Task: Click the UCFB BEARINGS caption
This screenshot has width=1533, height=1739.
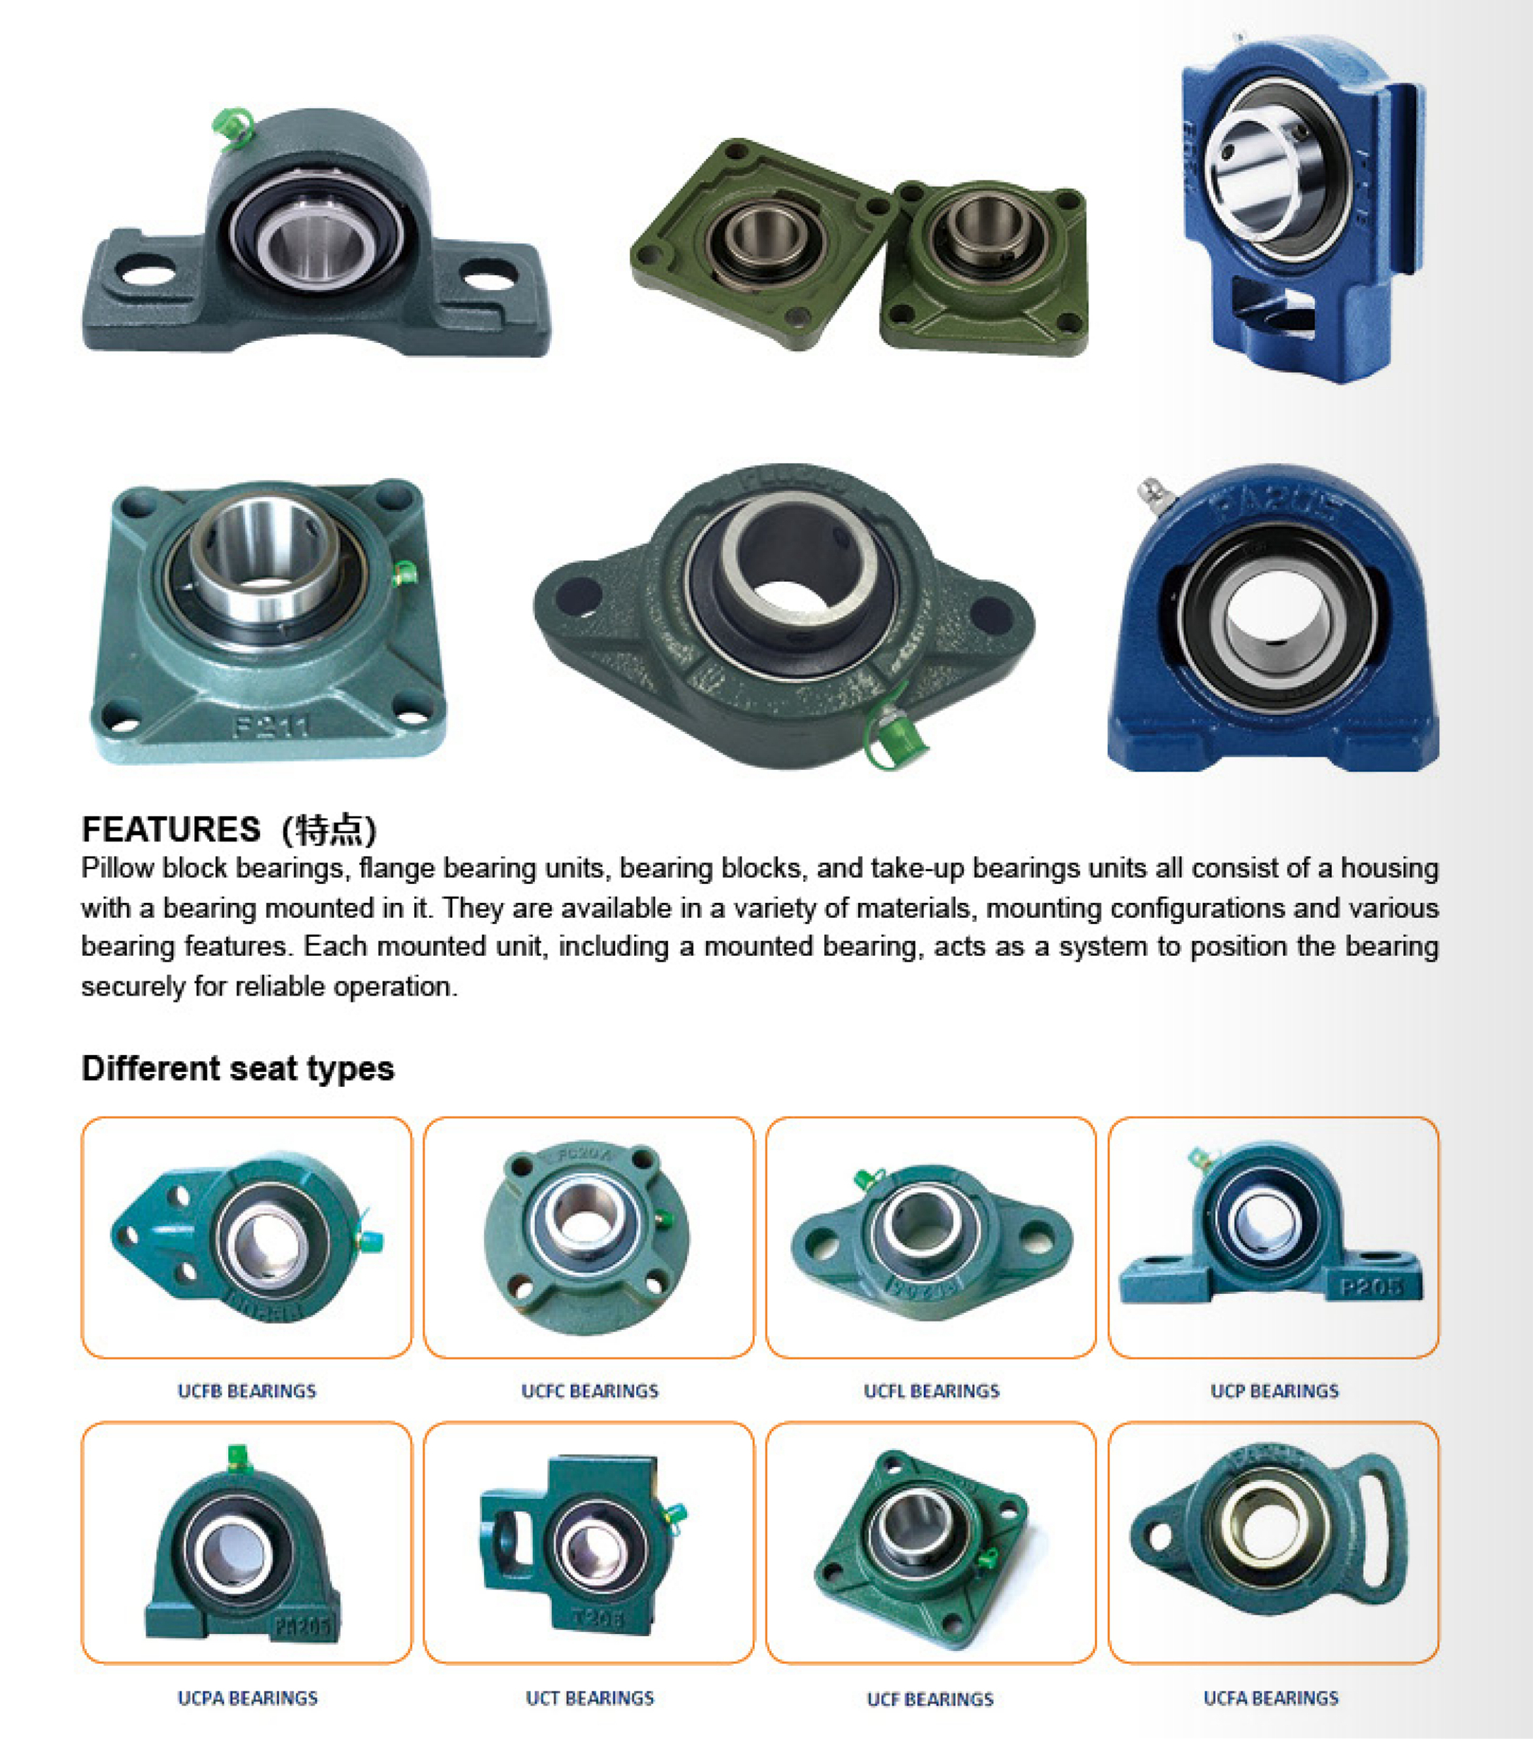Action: tap(247, 1391)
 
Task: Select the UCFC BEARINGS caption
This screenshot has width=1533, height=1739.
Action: tap(589, 1391)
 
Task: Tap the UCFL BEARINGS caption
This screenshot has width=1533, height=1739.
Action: tap(932, 1391)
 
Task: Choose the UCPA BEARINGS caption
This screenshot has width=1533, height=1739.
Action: tap(248, 1698)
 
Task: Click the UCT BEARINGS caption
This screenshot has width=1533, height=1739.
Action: tap(589, 1698)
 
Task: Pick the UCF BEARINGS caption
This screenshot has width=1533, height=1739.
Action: tap(930, 1699)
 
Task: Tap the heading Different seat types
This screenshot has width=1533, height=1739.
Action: tap(238, 1069)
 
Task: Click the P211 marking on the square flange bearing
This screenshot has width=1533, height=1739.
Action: tap(271, 725)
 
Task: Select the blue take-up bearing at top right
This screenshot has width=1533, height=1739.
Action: tap(1302, 208)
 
